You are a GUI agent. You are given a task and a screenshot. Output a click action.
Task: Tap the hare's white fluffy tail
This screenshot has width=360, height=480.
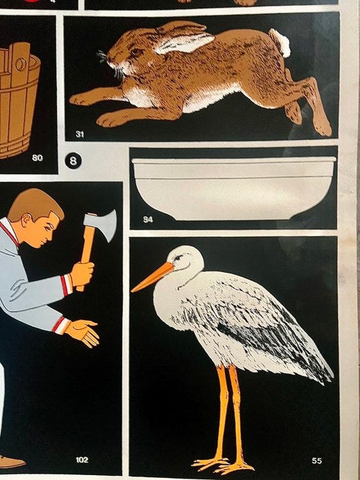pyautogui.click(x=280, y=43)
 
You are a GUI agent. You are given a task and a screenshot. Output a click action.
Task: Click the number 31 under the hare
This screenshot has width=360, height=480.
pyautogui.click(x=80, y=134)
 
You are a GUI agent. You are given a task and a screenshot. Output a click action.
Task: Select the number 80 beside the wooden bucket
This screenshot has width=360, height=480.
pyautogui.click(x=37, y=158)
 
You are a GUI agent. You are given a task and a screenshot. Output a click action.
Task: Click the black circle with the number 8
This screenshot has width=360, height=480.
pyautogui.click(x=73, y=160)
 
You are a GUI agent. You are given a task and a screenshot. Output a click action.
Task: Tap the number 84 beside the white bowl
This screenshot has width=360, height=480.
pyautogui.click(x=148, y=219)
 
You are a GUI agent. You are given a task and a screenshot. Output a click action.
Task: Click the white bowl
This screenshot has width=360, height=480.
pyautogui.click(x=234, y=188)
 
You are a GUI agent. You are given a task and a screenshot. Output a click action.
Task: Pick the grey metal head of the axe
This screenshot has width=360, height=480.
pyautogui.click(x=101, y=224)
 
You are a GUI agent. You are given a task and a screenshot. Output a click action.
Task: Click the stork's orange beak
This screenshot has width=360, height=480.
pyautogui.click(x=152, y=277)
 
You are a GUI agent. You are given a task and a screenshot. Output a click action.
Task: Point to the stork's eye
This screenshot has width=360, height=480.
pyautogui.click(x=178, y=258)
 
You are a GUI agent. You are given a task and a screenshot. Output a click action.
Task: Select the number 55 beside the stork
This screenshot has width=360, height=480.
pyautogui.click(x=317, y=460)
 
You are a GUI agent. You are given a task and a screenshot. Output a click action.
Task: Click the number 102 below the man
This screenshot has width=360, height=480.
pyautogui.click(x=82, y=459)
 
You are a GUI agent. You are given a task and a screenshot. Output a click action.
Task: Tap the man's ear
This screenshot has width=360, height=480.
pyautogui.click(x=25, y=220)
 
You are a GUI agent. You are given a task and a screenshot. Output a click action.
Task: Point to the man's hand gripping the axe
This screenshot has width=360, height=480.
pyautogui.click(x=82, y=274)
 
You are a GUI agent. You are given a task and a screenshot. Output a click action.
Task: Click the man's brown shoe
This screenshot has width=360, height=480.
pyautogui.click(x=12, y=461)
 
